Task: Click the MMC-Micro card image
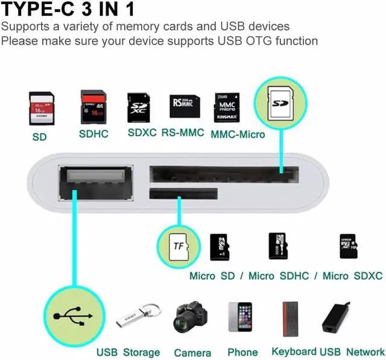click(227, 107)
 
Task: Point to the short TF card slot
click(183, 194)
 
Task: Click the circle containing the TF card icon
click(177, 245)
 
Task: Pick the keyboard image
click(291, 318)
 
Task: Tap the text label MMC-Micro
click(238, 134)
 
